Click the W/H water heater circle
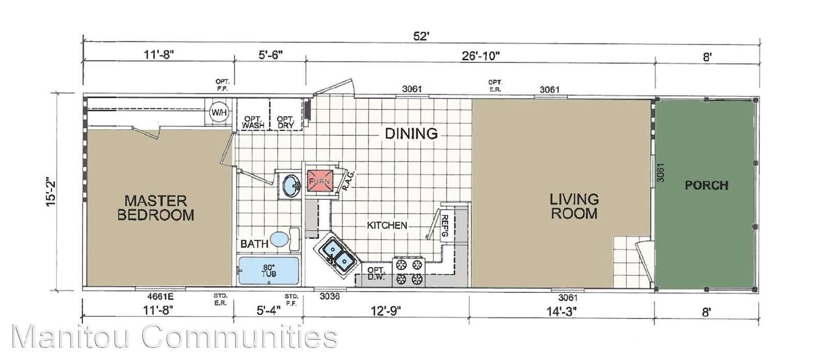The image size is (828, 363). pyautogui.click(x=219, y=112)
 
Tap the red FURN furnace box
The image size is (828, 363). pyautogui.click(x=320, y=181)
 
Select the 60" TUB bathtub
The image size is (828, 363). pyautogui.click(x=269, y=270)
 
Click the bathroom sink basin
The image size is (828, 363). pyautogui.click(x=292, y=186)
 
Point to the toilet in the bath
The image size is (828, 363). pyautogui.click(x=285, y=239)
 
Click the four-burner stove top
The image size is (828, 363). pyautogui.click(x=409, y=272)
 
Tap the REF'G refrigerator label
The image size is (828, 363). pyautogui.click(x=445, y=226)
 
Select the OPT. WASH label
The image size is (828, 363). pyautogui.click(x=253, y=122)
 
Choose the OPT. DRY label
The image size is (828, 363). pyautogui.click(x=285, y=122)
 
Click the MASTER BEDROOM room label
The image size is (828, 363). pyautogui.click(x=156, y=208)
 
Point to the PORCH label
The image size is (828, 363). pyautogui.click(x=706, y=185)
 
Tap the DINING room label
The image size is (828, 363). pyautogui.click(x=411, y=134)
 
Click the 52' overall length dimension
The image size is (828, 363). pyautogui.click(x=421, y=36)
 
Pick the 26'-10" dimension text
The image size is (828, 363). pyautogui.click(x=481, y=56)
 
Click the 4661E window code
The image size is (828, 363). pyautogui.click(x=160, y=296)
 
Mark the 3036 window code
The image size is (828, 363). pyautogui.click(x=330, y=296)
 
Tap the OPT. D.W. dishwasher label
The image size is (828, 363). pyautogui.click(x=376, y=273)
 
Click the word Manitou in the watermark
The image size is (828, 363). pyautogui.click(x=70, y=336)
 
